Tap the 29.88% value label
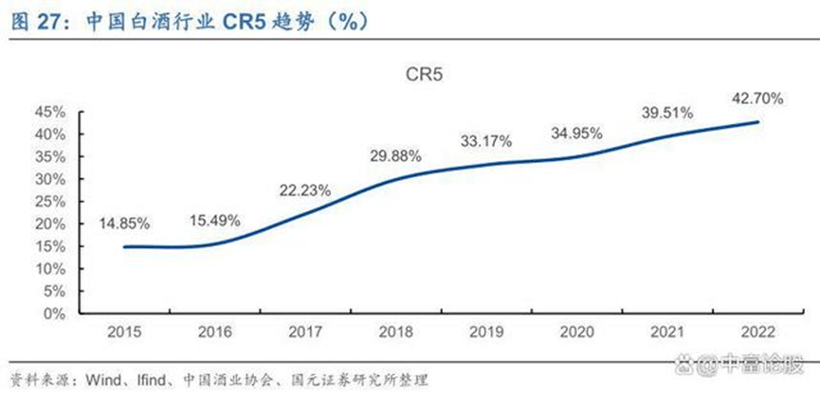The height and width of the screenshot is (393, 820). tap(394, 155)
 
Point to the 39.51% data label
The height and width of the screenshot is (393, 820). tap(665, 113)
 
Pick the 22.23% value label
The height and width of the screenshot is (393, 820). tap(305, 189)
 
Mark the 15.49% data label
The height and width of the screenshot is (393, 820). tap(214, 220)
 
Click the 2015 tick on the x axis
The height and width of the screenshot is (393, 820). tap(125, 332)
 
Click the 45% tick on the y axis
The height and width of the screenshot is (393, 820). tap(51, 112)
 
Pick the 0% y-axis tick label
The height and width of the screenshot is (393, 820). tap(56, 313)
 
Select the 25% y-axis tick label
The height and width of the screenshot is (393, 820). tap(51, 202)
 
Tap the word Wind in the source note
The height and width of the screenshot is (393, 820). tap(104, 378)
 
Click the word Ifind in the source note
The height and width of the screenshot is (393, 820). tap(157, 378)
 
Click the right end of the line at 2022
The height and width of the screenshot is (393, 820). tap(758, 121)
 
